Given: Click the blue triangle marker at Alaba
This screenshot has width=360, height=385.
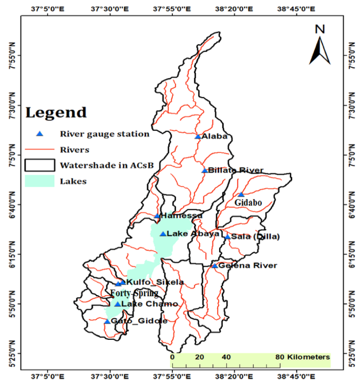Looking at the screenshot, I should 198,137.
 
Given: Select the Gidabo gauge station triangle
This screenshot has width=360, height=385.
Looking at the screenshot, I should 241,195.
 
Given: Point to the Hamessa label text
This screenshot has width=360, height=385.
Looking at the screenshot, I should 181,216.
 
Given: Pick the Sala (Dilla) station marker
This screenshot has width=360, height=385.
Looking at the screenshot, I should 228,237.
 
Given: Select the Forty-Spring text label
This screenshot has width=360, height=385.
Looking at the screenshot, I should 134,293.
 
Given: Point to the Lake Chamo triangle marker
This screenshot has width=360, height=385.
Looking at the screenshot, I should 117,304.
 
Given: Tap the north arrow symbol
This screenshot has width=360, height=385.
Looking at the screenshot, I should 318,45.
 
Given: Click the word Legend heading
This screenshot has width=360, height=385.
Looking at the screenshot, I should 56,112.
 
